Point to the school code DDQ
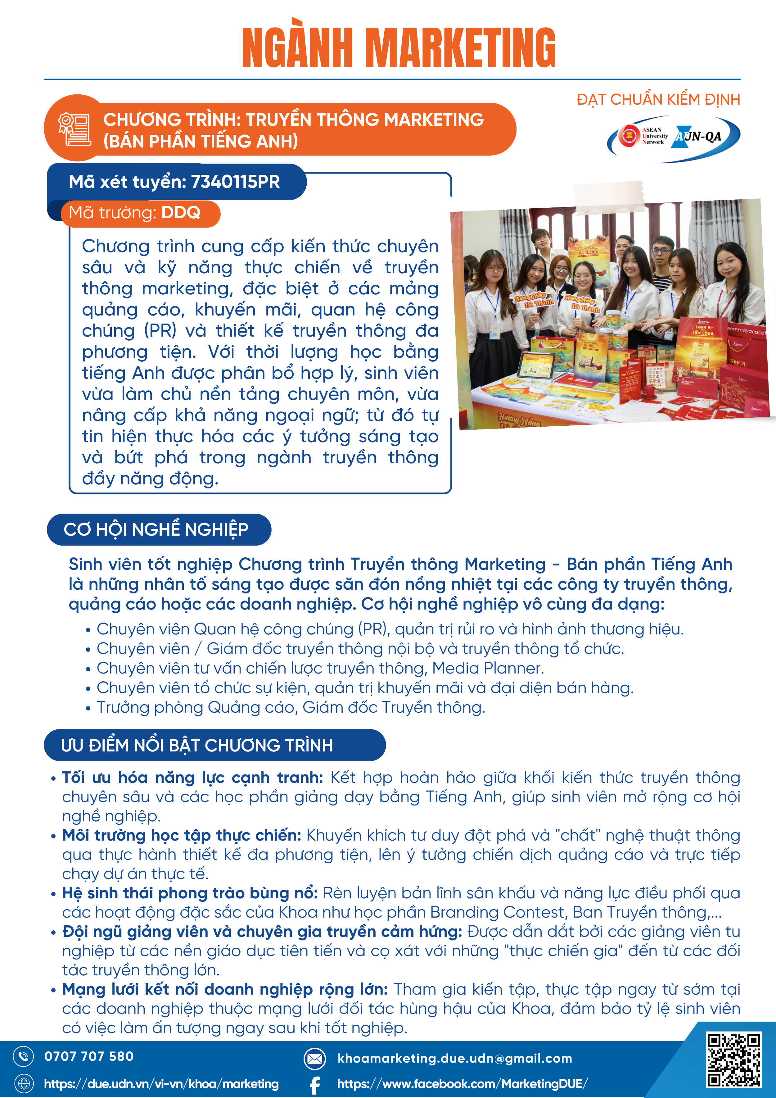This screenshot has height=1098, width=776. (181, 213)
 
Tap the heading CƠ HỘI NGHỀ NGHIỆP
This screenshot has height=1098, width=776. (156, 529)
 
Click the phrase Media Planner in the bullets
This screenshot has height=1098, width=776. (488, 668)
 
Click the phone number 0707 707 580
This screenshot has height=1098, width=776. (89, 1056)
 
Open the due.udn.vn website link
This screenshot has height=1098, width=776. (161, 1084)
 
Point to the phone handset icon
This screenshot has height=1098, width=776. (23, 1056)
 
